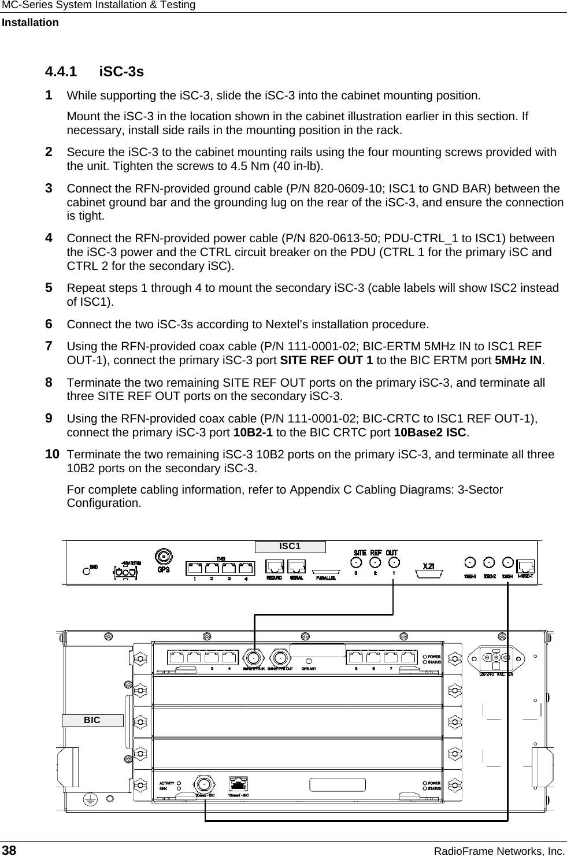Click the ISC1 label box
click(290, 546)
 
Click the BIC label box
click(92, 720)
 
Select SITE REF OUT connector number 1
click(394, 562)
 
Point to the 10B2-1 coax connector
click(507, 561)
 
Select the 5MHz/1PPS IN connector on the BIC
click(253, 658)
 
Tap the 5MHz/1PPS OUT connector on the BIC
click(281, 658)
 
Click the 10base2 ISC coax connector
click(203, 784)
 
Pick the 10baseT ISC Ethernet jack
click(239, 784)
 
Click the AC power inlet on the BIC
click(496, 657)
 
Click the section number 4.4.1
click(61, 72)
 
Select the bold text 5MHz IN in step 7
click(520, 361)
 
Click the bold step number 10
click(52, 454)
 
